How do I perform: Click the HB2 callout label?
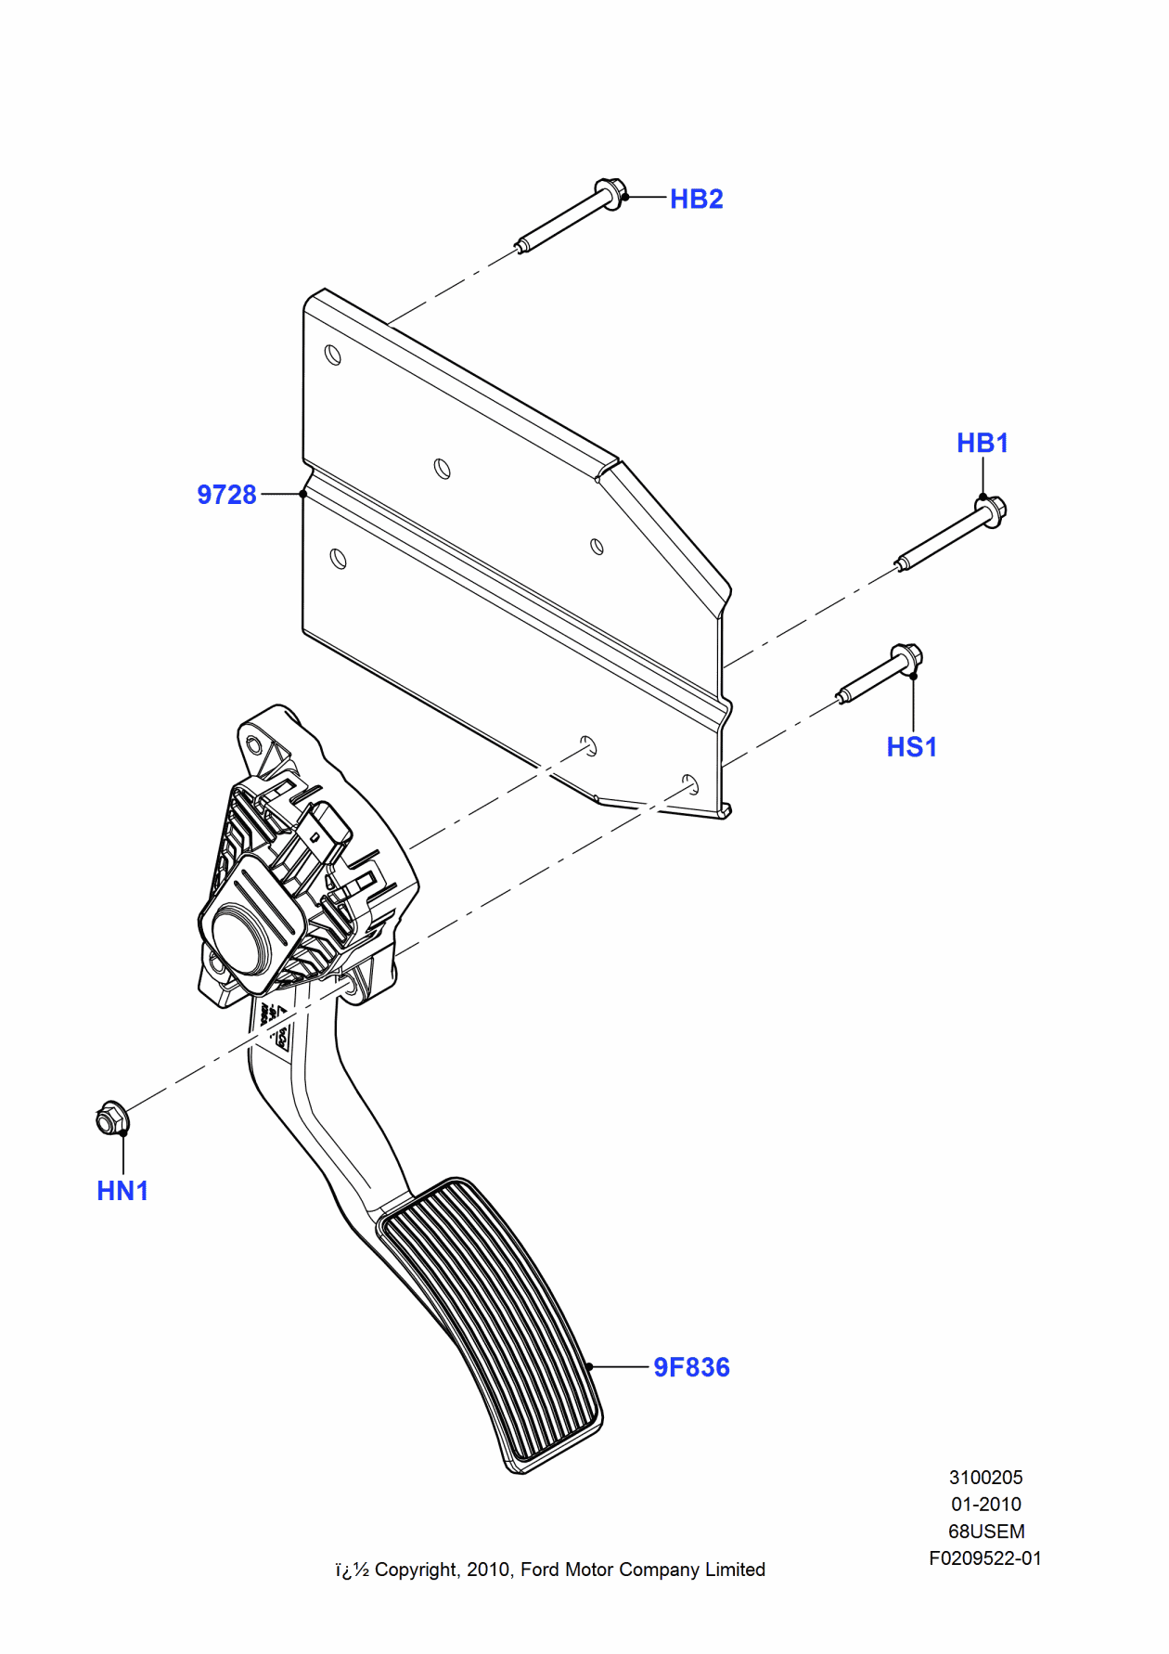tap(696, 199)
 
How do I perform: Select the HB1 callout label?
tap(982, 443)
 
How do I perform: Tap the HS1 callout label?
tap(911, 747)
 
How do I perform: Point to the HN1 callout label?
tap(122, 1191)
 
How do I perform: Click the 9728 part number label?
tap(226, 495)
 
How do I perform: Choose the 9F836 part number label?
tap(691, 1367)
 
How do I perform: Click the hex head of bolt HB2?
tap(610, 193)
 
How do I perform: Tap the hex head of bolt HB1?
tap(992, 510)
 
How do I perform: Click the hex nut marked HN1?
tap(111, 1118)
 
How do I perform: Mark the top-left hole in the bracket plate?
tap(333, 355)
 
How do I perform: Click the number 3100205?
tap(985, 1477)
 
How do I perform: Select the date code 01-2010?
tap(985, 1504)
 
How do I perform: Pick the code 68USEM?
tap(985, 1531)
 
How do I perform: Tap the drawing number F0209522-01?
tap(985, 1557)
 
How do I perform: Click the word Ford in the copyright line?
tap(540, 1570)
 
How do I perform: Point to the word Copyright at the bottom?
tap(417, 1570)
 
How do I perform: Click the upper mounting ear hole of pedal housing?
tap(254, 743)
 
